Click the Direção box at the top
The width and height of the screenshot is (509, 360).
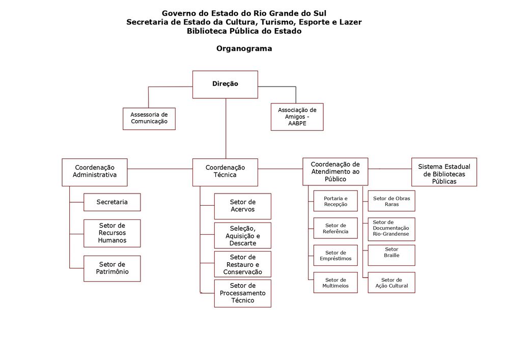pos(225,84)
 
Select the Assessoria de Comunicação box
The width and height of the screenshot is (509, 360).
pos(149,118)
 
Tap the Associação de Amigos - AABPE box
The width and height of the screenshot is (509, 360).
pos(297,117)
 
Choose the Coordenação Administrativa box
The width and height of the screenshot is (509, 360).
pos(95,172)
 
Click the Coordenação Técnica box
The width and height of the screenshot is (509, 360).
pos(225,172)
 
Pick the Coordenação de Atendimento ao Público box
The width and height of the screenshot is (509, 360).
pos(335,172)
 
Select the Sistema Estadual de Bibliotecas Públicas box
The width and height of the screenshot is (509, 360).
pos(444,172)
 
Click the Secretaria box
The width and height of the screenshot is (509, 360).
pos(112,202)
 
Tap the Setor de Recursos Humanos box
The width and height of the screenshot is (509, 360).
pos(112,233)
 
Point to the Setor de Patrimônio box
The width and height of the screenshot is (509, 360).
pos(112,268)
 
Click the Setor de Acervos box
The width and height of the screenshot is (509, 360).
pos(242,206)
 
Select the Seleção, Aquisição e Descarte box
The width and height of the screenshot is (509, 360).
pos(242,235)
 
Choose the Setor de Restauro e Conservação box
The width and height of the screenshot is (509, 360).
pos(242,264)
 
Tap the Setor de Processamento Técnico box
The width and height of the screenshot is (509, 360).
pos(242,293)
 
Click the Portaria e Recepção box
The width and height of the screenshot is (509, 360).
pos(335,201)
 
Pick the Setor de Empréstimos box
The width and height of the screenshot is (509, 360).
pos(335,256)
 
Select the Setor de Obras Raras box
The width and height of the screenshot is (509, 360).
pos(391,201)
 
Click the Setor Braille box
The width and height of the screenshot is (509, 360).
pos(391,255)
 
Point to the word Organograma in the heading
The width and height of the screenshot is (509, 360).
pos(244,49)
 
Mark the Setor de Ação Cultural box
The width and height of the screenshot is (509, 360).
pos(391,283)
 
